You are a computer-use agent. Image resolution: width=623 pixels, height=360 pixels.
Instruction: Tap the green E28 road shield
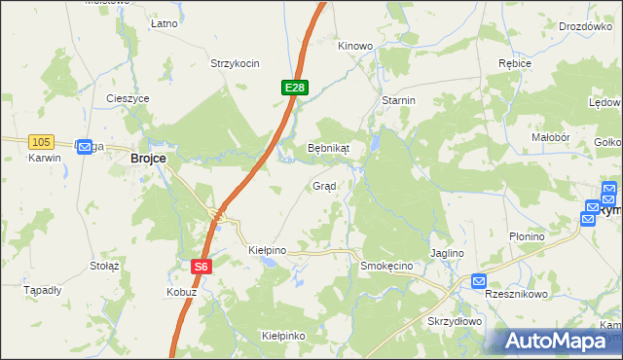296,89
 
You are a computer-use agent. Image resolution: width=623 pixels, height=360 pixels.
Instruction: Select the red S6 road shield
201,266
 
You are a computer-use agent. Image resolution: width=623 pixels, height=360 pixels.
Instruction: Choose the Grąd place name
324,186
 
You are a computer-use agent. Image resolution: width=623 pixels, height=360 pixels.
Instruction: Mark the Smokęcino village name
387,266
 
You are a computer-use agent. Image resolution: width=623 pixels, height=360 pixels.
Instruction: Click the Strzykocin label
235,64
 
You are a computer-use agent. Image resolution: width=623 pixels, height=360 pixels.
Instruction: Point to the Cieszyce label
128,98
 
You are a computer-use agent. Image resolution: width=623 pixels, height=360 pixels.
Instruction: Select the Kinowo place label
355,46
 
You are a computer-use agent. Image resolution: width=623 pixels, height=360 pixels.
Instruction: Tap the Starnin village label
399,100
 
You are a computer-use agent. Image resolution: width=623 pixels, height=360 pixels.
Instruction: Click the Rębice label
514,64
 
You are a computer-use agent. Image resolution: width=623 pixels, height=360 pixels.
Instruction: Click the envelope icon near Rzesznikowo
478,281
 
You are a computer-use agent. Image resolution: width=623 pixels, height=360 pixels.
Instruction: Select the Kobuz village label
181,292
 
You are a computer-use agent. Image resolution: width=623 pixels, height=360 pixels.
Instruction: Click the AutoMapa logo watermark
556,341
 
